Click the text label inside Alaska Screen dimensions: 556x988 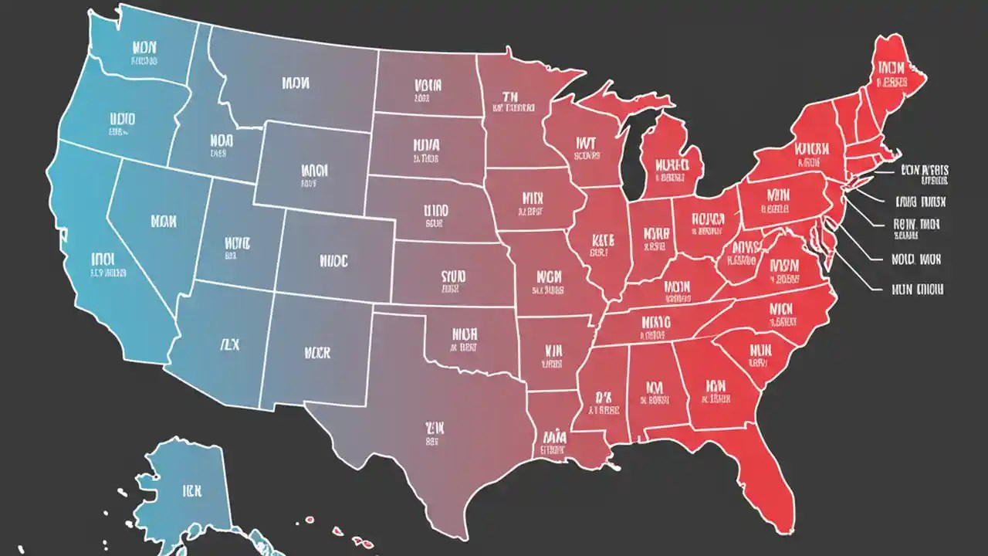point(192,490)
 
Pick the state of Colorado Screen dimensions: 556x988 point(332,259)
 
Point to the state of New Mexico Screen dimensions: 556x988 point(316,351)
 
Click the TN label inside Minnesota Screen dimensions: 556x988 point(509,97)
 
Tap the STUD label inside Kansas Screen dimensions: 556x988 point(453,276)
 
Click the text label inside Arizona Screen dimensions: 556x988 point(229,344)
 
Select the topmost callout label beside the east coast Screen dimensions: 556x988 point(924,171)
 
